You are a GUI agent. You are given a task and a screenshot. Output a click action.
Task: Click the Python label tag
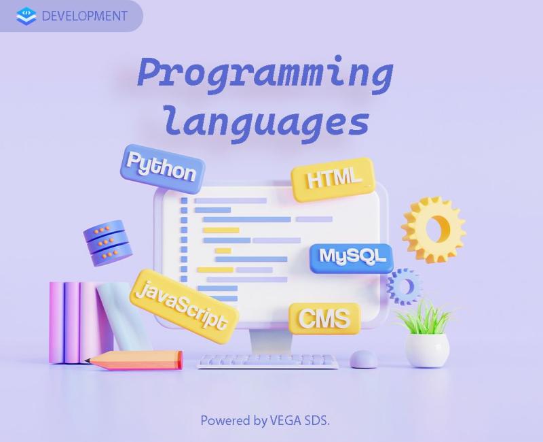162,169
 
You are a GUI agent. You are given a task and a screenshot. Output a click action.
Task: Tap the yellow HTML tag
333,179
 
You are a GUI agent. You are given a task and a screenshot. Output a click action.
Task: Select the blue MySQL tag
351,258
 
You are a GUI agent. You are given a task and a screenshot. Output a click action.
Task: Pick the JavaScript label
184,306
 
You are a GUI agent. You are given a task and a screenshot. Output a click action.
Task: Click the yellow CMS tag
324,318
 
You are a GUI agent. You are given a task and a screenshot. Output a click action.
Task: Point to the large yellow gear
434,230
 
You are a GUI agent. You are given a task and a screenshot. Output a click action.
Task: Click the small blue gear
405,286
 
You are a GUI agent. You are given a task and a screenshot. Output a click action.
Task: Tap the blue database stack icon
108,243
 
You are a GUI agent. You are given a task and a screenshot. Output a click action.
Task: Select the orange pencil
134,360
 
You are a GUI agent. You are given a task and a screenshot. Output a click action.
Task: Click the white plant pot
427,350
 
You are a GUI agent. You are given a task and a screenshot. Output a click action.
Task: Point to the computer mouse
364,359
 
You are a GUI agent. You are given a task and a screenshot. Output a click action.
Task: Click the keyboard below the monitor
267,362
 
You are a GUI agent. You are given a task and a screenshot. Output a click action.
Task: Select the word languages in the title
267,122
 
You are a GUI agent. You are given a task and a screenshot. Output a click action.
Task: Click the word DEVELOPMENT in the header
84,16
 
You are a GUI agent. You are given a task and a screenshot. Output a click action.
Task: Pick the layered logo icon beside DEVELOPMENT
26,16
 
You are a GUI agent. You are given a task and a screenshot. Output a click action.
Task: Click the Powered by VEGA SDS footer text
265,420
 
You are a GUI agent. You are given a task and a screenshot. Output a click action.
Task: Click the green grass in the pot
425,318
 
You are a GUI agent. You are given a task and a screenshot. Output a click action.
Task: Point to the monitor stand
270,341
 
